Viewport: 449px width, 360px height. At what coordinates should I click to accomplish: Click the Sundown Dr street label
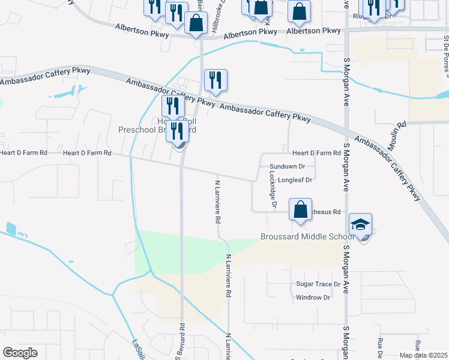point(288,166)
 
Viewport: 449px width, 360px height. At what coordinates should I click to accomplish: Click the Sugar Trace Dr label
point(318,284)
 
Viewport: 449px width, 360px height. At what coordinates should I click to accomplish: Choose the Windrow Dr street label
point(313,297)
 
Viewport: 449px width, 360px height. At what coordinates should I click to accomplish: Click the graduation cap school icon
point(360,225)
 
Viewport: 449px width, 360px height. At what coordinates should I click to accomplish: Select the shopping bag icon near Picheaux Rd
point(301,210)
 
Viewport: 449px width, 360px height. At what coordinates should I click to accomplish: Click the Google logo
point(20,353)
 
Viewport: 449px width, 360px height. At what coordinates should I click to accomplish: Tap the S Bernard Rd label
point(179,342)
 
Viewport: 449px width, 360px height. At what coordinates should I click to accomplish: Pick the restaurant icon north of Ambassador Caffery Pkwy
point(215,80)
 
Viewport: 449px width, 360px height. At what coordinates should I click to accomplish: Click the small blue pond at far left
point(10,229)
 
